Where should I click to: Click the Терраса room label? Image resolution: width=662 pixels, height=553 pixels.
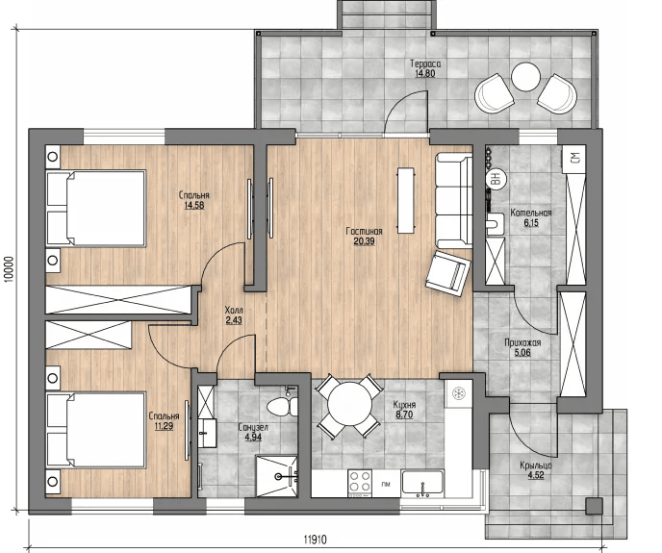pos(425,63)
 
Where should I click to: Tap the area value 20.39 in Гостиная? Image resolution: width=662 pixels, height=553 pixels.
pos(364,241)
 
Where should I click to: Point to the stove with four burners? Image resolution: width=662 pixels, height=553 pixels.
pos(360,483)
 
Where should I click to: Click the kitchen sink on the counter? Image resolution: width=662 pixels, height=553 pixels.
pos(422,483)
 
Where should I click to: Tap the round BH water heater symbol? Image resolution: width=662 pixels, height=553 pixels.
pos(496,178)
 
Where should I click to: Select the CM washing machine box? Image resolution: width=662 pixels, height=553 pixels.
pos(574,159)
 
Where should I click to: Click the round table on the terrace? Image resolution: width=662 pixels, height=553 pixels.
pos(525,77)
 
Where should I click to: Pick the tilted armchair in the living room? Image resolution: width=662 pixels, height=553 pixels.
pos(448,273)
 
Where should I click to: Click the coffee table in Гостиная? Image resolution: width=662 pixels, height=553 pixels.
pos(406,200)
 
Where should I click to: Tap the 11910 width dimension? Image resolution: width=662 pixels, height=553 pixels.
pos(315,540)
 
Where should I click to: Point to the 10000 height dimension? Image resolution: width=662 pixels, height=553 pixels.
pos(11,268)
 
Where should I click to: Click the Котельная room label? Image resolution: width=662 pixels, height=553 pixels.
pos(531,213)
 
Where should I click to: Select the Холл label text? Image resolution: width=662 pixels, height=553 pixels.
pos(234,310)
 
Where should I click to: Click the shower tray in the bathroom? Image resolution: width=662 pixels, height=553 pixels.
pos(276,476)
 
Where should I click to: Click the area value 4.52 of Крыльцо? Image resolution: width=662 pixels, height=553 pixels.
pos(536,475)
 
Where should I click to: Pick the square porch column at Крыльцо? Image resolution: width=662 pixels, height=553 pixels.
pos(594,506)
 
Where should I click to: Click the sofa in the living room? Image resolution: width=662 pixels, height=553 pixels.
pos(454,200)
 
